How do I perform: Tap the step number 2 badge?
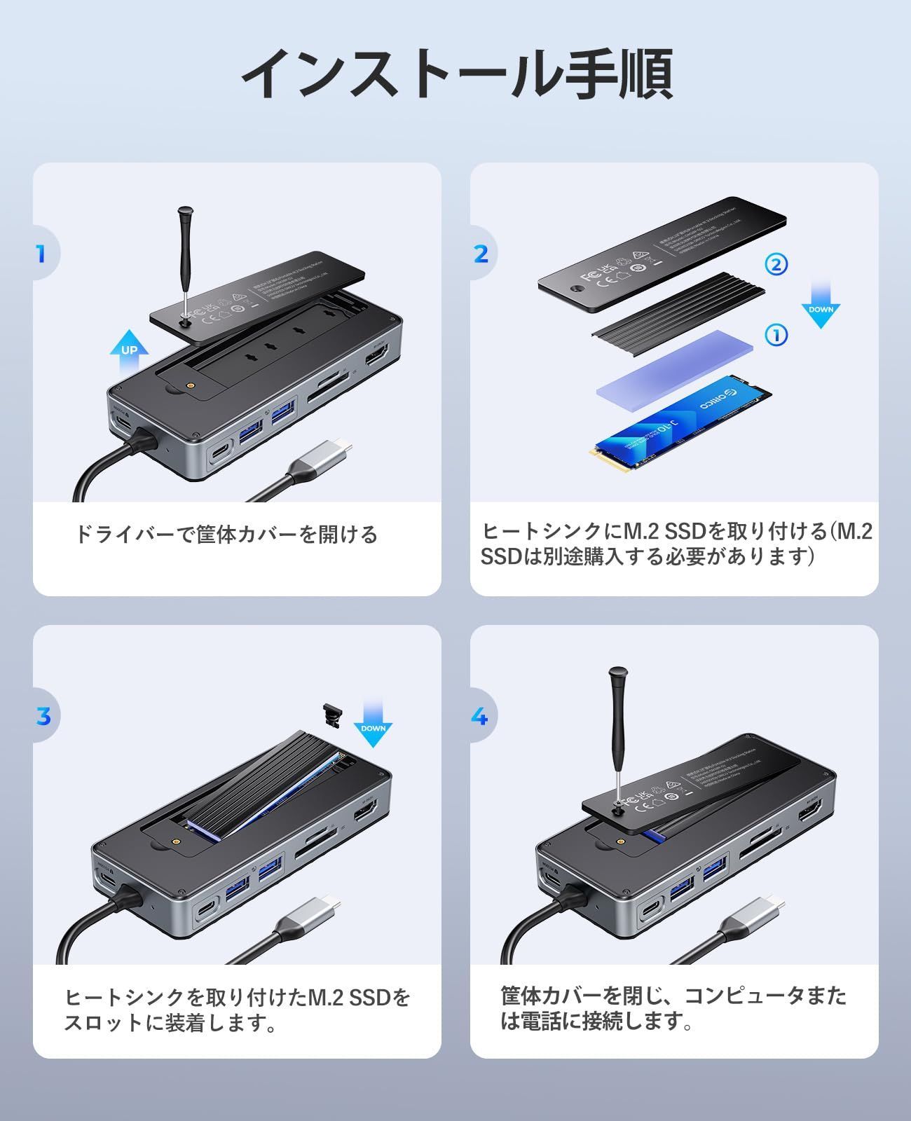pos(481,254)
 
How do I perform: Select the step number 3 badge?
pos(43,716)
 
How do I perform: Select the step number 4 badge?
pos(480,716)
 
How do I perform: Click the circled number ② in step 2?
pos(776,264)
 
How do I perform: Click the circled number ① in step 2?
pos(776,335)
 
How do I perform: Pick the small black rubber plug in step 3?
pos(331,715)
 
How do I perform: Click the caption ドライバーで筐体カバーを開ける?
pos(226,535)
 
